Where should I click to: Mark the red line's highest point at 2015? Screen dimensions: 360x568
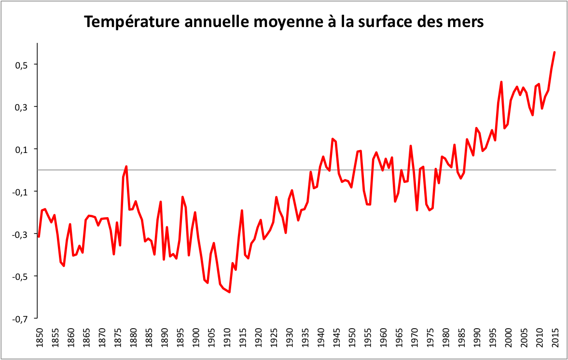coord(554,52)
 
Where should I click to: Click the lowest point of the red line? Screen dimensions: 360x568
coord(229,292)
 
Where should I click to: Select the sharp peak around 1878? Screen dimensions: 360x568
coord(126,166)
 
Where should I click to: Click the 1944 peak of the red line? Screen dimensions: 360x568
coord(332,139)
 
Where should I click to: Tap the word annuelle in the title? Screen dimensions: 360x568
coord(216,22)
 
